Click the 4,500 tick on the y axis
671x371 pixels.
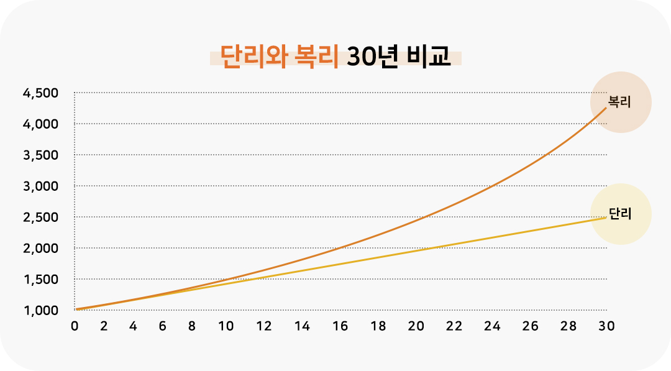tap(40, 93)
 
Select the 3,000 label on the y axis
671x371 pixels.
tap(40, 186)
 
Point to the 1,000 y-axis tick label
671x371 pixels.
tap(40, 311)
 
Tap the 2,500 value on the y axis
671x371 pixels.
tap(40, 218)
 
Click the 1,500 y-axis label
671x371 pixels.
tap(40, 280)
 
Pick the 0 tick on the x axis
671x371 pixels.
tap(75, 326)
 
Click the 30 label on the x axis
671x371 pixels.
tap(606, 326)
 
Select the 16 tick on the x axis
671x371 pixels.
tap(340, 326)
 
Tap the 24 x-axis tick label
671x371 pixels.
tap(492, 326)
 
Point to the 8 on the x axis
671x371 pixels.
tap(192, 326)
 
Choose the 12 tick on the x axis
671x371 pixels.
tap(264, 326)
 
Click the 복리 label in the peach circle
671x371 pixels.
tap(619, 102)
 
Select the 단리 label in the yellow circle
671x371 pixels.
tap(620, 214)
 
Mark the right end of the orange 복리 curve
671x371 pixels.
tap(606, 108)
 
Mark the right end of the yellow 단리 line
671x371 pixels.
tap(606, 218)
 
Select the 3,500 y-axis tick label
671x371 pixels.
tap(40, 155)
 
